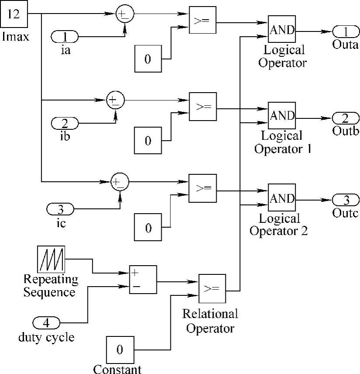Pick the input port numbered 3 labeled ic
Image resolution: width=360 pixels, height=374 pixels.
point(60,209)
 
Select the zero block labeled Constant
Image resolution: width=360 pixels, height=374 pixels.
point(119,350)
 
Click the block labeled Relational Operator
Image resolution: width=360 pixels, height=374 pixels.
point(212,288)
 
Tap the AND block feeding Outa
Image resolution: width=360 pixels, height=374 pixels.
point(282,30)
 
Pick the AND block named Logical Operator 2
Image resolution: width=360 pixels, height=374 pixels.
point(282,198)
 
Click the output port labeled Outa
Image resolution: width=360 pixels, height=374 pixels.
point(346,31)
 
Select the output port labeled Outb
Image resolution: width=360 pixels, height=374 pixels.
point(346,118)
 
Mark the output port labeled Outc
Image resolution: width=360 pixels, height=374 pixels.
point(346,200)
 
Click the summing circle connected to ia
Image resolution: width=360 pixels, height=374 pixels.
point(125,15)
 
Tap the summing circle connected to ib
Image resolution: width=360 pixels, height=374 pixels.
point(115,100)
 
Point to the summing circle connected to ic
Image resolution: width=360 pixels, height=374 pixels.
point(119,181)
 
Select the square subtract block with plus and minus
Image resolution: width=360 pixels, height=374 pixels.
point(142,279)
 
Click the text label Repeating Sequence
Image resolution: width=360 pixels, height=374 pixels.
point(51,285)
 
